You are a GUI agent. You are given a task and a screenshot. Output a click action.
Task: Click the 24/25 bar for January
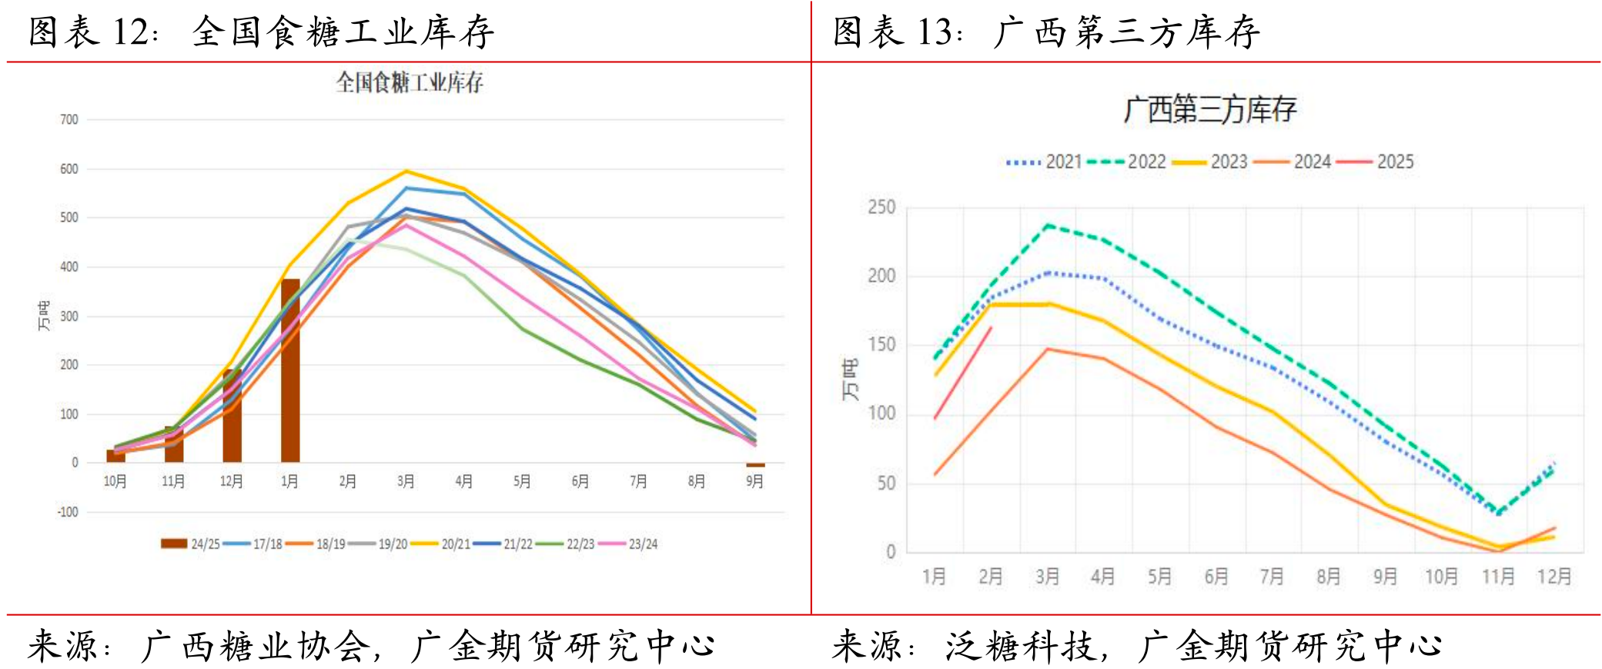tap(290, 370)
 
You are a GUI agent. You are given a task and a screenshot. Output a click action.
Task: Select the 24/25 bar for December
tap(232, 416)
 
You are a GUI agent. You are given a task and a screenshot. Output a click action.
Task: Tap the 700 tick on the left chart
tap(69, 120)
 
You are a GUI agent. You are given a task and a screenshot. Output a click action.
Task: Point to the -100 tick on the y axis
tap(68, 512)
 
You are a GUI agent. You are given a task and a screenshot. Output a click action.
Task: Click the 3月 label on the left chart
tap(406, 481)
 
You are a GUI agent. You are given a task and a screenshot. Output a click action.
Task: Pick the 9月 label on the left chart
tap(754, 481)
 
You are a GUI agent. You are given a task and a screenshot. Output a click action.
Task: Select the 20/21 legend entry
tap(441, 544)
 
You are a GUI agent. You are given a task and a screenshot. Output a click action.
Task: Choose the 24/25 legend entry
tap(190, 544)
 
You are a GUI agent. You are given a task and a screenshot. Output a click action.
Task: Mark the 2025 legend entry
tap(1376, 162)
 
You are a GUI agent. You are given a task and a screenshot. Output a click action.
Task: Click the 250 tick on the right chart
tap(881, 207)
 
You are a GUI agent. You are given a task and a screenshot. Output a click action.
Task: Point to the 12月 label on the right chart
tap(1554, 576)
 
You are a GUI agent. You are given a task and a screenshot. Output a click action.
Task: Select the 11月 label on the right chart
tap(1498, 576)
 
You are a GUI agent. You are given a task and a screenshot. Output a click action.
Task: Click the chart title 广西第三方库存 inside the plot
tap(1210, 109)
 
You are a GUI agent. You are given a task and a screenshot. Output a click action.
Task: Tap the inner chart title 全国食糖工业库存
tap(410, 82)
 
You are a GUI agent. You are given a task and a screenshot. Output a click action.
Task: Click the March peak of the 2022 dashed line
tap(1048, 226)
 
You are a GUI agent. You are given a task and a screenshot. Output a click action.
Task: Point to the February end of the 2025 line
tap(991, 328)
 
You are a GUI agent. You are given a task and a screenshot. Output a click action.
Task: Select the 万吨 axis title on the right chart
tap(849, 380)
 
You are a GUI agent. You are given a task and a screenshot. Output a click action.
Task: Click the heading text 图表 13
tap(897, 32)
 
